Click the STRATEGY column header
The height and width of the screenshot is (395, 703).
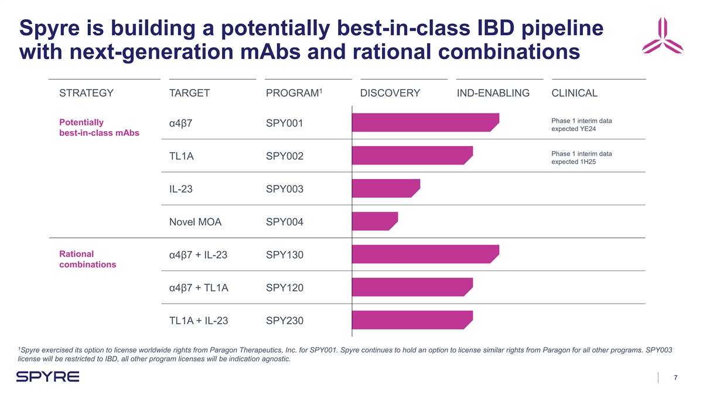[x=86, y=93]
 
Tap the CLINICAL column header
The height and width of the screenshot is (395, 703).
[x=574, y=93]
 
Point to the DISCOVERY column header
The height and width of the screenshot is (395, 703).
[x=390, y=93]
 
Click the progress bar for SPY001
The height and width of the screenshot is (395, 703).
[x=425, y=123]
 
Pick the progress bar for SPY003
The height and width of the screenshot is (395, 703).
[x=385, y=188]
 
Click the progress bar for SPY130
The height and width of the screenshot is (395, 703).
[x=425, y=255]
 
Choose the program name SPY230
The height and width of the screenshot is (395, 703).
[x=285, y=321]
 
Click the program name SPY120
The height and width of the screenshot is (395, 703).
[x=285, y=288]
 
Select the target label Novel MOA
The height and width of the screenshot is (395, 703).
[x=195, y=222]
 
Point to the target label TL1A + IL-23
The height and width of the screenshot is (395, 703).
[x=198, y=321]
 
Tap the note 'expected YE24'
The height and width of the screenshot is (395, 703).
[x=574, y=129]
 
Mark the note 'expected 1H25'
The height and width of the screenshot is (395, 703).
[x=574, y=162]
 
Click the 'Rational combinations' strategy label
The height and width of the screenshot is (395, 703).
[x=88, y=259]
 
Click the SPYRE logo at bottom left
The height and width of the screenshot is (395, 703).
[x=48, y=377]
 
